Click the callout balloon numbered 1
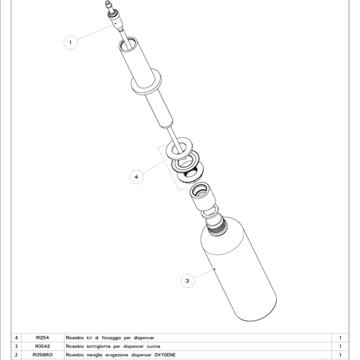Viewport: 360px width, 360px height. pos(70,42)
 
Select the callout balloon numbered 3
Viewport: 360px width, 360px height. pos(187,281)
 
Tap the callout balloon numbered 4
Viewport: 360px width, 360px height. pos(136,177)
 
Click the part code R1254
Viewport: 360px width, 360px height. pos(43,338)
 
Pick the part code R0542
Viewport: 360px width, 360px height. pos(43,346)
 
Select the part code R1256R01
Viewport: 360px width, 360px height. pos(43,355)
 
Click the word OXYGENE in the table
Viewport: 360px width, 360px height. pos(165,355)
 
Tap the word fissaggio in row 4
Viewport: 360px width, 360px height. pos(112,338)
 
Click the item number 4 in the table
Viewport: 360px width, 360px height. pos(16,338)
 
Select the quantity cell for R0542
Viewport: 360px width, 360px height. pos(340,346)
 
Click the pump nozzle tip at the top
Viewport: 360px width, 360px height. pos(107,3)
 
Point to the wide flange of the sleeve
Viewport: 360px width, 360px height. pos(146,82)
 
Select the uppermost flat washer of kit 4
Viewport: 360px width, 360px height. pos(179,149)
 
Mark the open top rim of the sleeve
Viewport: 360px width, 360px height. pos(128,44)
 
